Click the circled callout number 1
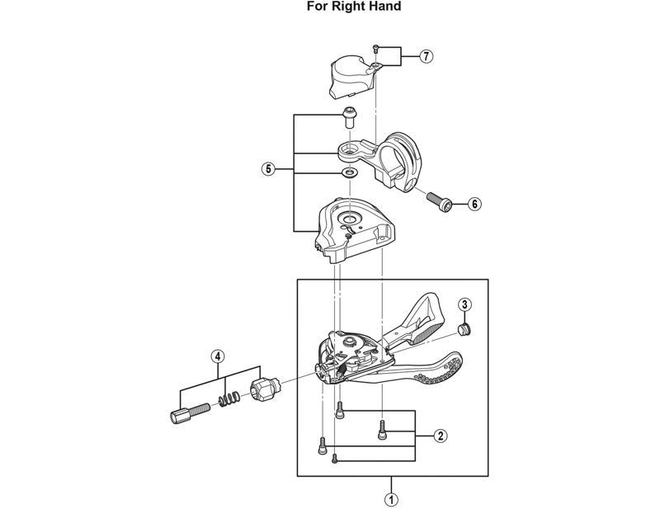pyautogui.click(x=391, y=500)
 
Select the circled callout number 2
pyautogui.click(x=441, y=436)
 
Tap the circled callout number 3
pyautogui.click(x=464, y=304)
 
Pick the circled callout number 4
pyautogui.click(x=218, y=356)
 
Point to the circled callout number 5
pyautogui.click(x=268, y=169)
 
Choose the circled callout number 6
pyautogui.click(x=474, y=205)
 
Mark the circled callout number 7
pyautogui.click(x=427, y=56)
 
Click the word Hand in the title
pyautogui.click(x=384, y=7)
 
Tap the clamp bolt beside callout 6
pyautogui.click(x=441, y=201)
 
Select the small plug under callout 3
pyautogui.click(x=464, y=328)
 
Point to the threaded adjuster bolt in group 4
pyautogui.click(x=190, y=412)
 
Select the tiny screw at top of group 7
pyautogui.click(x=377, y=49)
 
